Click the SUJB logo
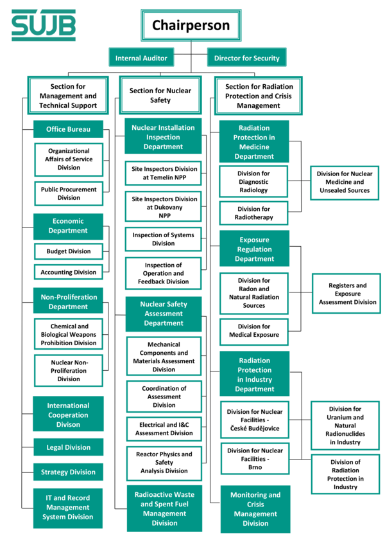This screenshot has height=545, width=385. [44, 25]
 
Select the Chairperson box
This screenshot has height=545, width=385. [191, 25]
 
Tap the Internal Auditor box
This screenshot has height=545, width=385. [141, 57]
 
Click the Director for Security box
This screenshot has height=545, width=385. [247, 57]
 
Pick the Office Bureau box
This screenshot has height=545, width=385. [69, 129]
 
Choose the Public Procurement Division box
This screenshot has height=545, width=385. [69, 193]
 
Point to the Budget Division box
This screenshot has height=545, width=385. [69, 251]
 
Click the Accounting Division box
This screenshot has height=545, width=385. [69, 272]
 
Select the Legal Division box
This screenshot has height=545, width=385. [69, 447]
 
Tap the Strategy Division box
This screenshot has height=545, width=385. [69, 472]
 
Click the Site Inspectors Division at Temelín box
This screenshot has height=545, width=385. [164, 173]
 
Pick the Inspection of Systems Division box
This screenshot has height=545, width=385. [164, 239]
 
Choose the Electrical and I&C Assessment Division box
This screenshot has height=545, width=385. [164, 429]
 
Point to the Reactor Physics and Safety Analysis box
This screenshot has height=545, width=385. [164, 462]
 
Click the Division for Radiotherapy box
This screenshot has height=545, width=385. [253, 213]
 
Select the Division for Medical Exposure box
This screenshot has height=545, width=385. [254, 330]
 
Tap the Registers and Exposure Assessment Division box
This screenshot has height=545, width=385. [346, 294]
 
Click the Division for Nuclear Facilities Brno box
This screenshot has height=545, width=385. [255, 459]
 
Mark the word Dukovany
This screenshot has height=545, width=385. [164, 207]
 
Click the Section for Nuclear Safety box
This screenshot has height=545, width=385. [160, 95]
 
